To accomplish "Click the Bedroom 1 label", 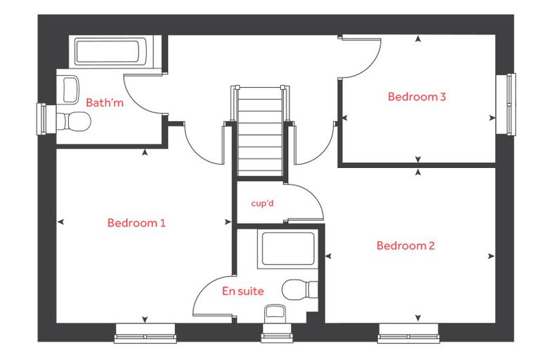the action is pyautogui.click(x=136, y=223).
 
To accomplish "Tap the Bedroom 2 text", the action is pyautogui.click(x=405, y=245).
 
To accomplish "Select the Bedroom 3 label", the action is pyautogui.click(x=417, y=96).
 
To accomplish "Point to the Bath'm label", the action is pyautogui.click(x=105, y=102).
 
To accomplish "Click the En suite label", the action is pyautogui.click(x=243, y=291).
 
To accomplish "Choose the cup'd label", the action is pyautogui.click(x=262, y=203).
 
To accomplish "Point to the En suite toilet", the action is pyautogui.click(x=300, y=290).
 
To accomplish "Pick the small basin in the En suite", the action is pyautogui.click(x=275, y=314).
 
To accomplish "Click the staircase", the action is pyautogui.click(x=261, y=131).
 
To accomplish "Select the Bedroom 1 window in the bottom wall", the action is pyautogui.click(x=145, y=333).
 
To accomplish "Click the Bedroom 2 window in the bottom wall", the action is pyautogui.click(x=409, y=333).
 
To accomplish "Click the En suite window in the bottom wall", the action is pyautogui.click(x=277, y=333).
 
